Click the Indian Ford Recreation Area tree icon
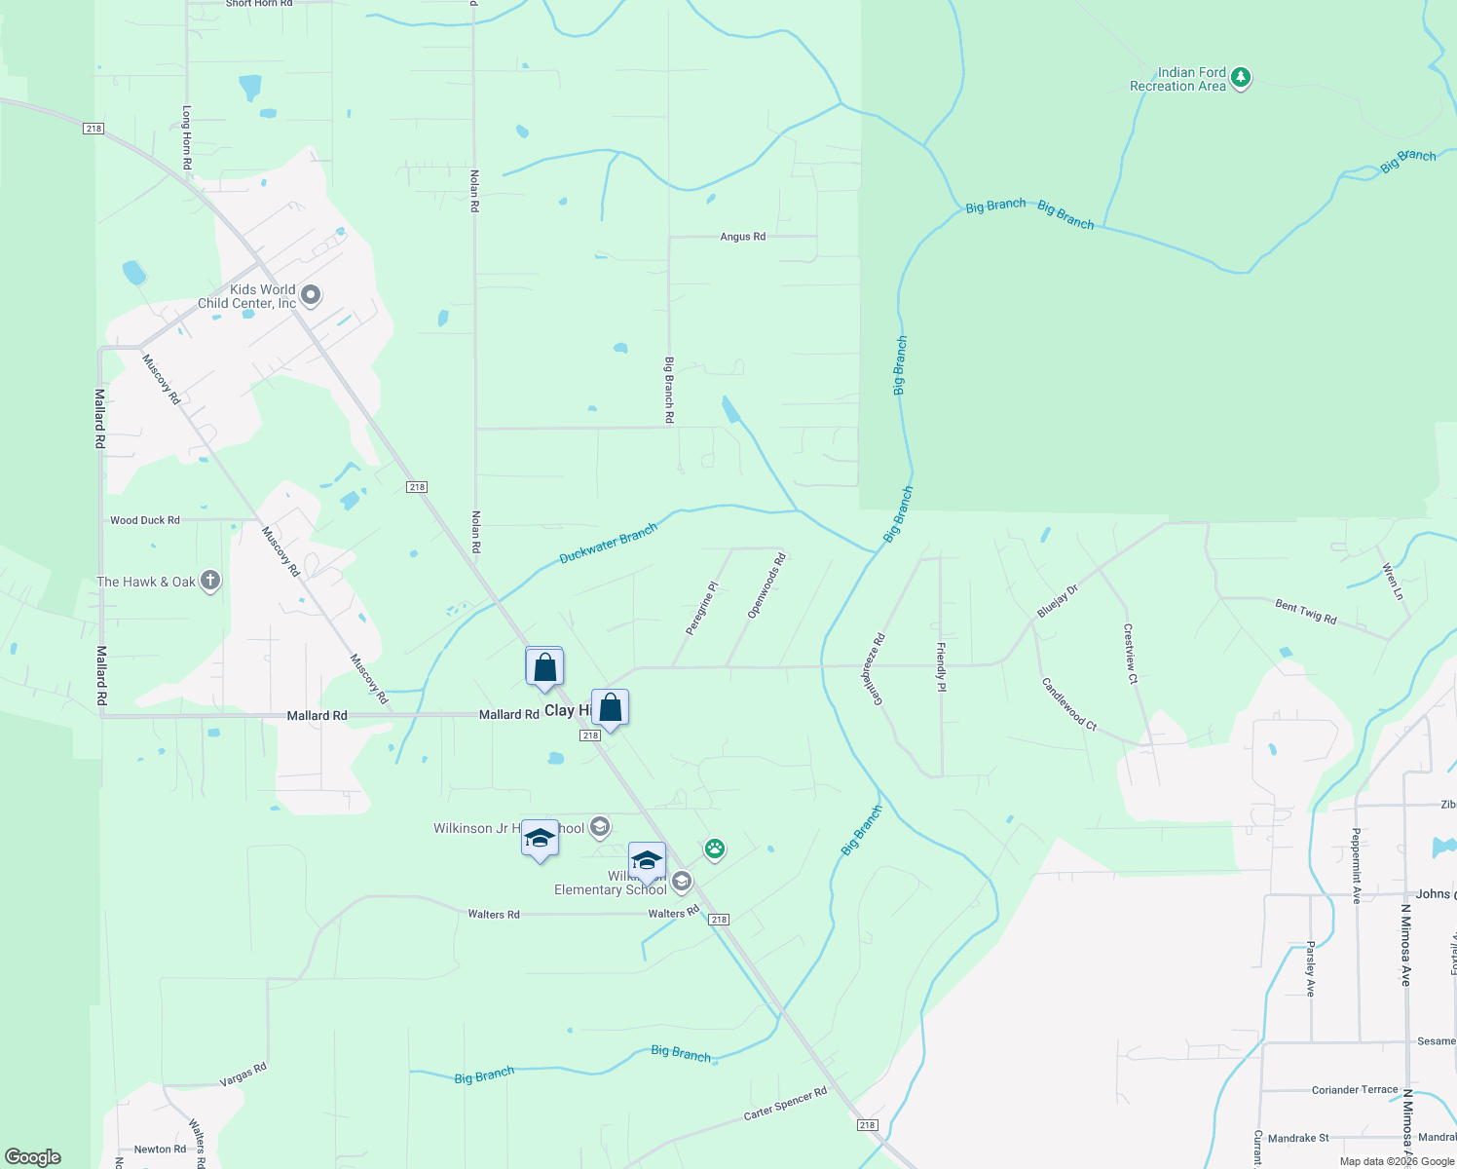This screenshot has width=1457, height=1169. pyautogui.click(x=1240, y=78)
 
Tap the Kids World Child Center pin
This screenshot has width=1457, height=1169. pyautogui.click(x=311, y=294)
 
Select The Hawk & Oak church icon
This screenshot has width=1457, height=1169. pyautogui.click(x=209, y=582)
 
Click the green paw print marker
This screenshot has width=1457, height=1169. pyautogui.click(x=715, y=848)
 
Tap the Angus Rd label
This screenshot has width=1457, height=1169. pyautogui.click(x=742, y=237)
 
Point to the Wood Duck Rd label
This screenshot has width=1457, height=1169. pyautogui.click(x=145, y=520)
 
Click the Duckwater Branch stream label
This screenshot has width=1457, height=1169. pyautogui.click(x=609, y=544)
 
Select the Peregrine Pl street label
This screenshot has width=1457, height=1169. pyautogui.click(x=701, y=609)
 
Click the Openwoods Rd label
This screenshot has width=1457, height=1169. pyautogui.click(x=766, y=586)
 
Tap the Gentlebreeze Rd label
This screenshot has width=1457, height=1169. pyautogui.click(x=873, y=668)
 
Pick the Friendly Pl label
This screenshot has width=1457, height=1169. pyautogui.click(x=941, y=667)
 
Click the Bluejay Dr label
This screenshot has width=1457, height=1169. pyautogui.click(x=1058, y=601)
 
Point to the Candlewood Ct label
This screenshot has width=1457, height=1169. pyautogui.click(x=1069, y=704)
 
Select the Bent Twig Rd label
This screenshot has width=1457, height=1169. pyautogui.click(x=1306, y=612)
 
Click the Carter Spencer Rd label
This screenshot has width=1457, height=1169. pyautogui.click(x=785, y=1103)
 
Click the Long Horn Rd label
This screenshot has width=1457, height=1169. pyautogui.click(x=187, y=137)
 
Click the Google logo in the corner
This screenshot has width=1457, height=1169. pyautogui.click(x=33, y=1157)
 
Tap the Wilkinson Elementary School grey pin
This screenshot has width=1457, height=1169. pyautogui.click(x=682, y=883)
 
